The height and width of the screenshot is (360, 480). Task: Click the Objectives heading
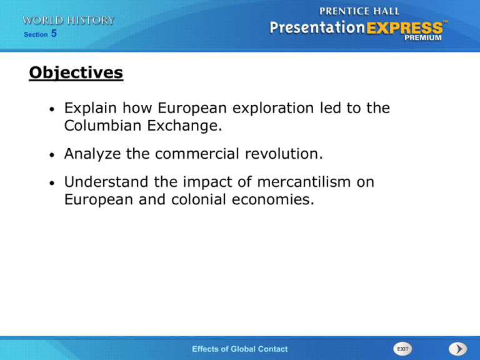pos(76,73)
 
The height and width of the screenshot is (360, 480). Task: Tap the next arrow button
pos(457,349)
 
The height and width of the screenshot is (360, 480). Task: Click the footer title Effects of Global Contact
pos(240,349)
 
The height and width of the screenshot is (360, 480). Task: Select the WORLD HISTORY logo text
pos(68,21)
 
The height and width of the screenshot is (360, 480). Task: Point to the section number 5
pos(54,33)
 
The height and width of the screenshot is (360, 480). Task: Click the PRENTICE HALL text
pos(359,11)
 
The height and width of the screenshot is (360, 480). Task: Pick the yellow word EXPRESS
pos(404,28)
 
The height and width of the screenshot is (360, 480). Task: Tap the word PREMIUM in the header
pos(423,37)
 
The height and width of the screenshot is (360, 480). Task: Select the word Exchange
pos(184,126)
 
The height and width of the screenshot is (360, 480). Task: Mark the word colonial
pos(198,199)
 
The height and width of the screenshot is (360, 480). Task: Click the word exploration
pos(273,108)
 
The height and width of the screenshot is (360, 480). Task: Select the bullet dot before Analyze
pos(52,154)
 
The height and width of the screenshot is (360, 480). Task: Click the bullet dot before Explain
pos(52,109)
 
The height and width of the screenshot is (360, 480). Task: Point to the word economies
pos(273,199)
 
